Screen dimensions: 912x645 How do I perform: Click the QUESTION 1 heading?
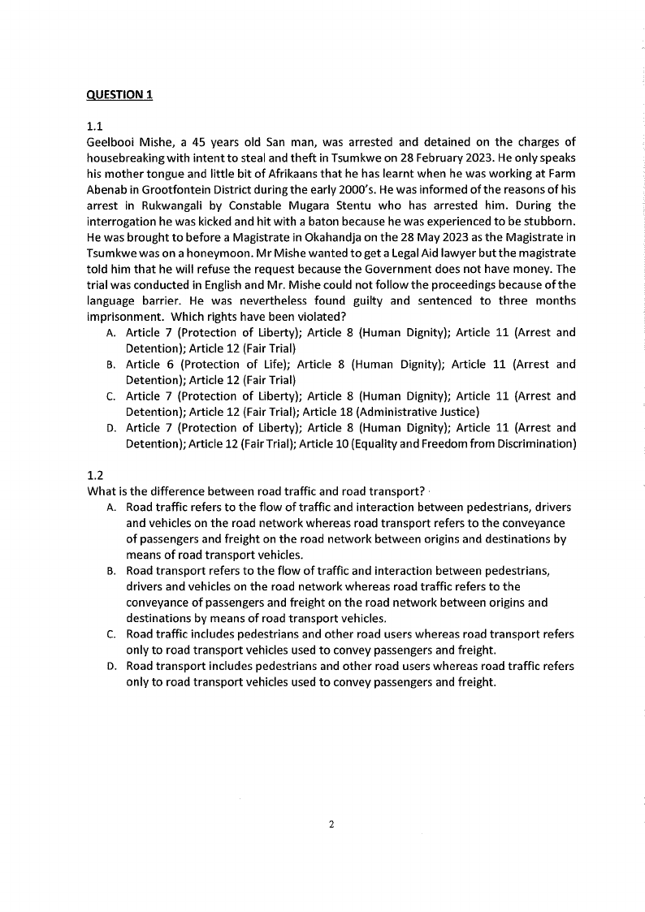(x=119, y=94)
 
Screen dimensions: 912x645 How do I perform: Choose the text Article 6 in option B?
(x=149, y=365)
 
